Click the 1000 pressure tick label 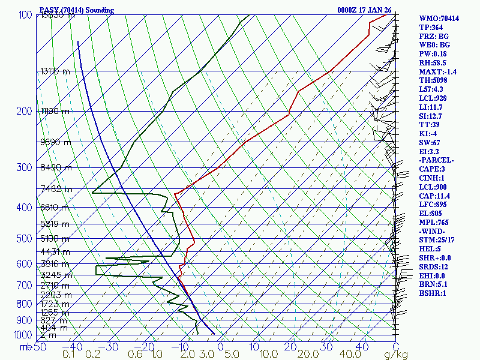click(x=23, y=335)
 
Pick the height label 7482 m click(x=56, y=190)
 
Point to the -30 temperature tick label click(x=112, y=346)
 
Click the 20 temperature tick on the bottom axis click(x=291, y=346)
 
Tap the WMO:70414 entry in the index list click(x=439, y=19)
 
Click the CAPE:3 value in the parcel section click(x=432, y=169)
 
